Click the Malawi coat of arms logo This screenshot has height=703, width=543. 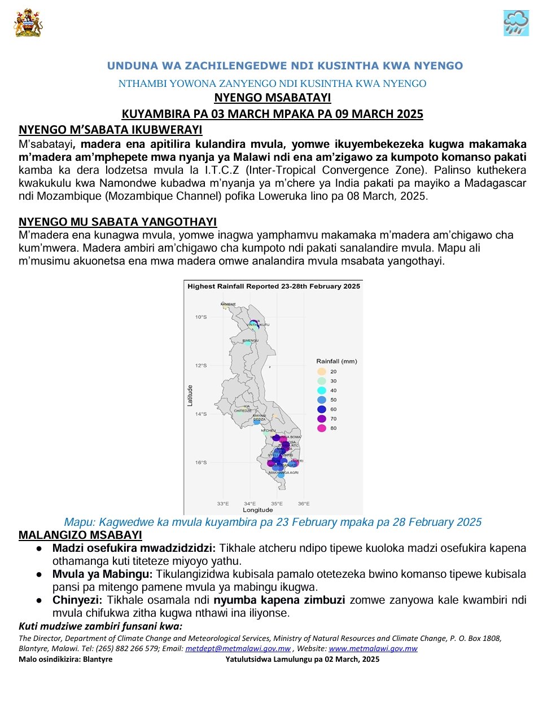(x=28, y=23)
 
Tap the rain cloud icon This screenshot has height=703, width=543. (x=516, y=23)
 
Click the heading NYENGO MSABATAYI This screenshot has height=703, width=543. (x=272, y=98)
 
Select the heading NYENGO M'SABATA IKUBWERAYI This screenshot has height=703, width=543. (x=110, y=130)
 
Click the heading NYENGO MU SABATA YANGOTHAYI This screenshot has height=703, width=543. (x=117, y=222)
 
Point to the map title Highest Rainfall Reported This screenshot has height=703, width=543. (x=273, y=286)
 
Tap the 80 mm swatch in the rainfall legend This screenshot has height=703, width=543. (x=322, y=428)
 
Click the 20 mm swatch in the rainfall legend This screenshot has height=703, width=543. (x=322, y=371)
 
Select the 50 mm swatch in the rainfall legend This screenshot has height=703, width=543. (x=322, y=399)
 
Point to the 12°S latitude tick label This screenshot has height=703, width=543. (x=201, y=366)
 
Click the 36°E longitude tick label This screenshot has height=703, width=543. (x=304, y=503)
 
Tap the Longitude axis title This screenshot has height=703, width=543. (x=257, y=510)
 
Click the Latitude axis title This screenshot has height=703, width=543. (x=190, y=395)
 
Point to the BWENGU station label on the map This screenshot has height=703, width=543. (x=250, y=341)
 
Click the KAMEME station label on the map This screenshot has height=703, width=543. (x=228, y=304)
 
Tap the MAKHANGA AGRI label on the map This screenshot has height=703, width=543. (x=283, y=472)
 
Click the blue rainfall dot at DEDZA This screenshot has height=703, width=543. (x=256, y=423)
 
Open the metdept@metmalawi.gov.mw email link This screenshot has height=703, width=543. (x=238, y=649)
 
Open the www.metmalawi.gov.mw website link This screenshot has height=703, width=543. (x=373, y=649)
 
